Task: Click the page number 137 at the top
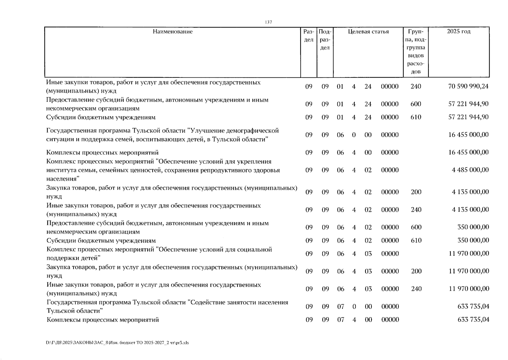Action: tap(268, 22)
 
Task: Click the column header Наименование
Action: tap(172, 31)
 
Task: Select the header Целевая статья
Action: tap(368, 31)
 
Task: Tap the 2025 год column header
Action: tap(459, 31)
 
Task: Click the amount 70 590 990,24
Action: tap(468, 86)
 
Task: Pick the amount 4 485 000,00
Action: tap(470, 170)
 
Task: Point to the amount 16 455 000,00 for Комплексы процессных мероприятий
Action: tap(468, 152)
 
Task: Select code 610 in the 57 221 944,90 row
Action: tap(416, 117)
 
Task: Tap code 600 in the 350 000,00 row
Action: tap(416, 227)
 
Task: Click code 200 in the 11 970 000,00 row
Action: tap(416, 271)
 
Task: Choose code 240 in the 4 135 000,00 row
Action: tap(416, 210)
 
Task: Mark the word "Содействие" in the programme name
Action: tap(204, 302)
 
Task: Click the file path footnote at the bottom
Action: tap(117, 343)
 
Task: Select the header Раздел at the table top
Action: tap(309, 35)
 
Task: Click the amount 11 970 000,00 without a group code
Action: tap(468, 254)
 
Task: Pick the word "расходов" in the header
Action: tap(416, 67)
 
